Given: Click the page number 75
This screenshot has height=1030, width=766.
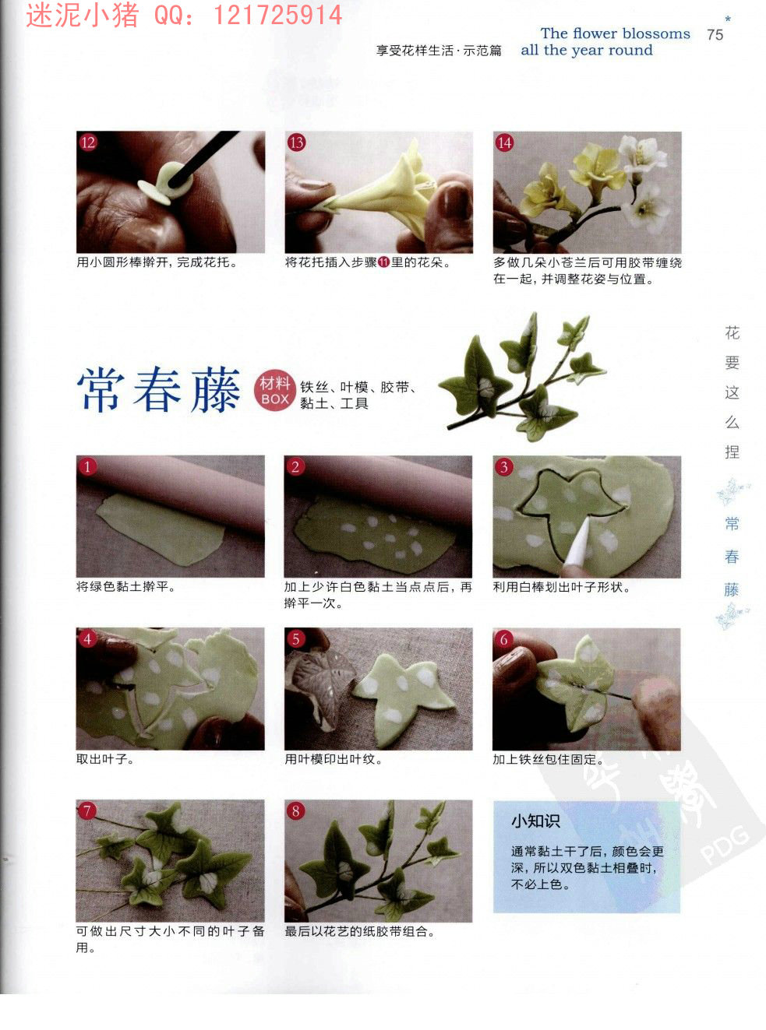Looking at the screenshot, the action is point(715,35).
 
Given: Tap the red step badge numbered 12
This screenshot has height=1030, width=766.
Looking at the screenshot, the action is point(88,142).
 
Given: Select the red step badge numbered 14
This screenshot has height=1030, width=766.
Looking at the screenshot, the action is point(504,142).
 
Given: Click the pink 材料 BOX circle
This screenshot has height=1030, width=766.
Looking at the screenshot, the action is point(275,391).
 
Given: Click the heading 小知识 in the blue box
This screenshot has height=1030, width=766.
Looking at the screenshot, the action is point(535,821).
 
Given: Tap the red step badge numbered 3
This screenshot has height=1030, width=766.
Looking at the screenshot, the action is point(504,466).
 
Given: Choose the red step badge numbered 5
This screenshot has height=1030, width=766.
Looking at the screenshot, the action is point(295,639).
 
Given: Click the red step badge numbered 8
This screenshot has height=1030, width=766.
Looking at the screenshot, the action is point(295,810).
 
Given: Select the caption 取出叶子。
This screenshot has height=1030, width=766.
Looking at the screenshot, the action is point(105,759).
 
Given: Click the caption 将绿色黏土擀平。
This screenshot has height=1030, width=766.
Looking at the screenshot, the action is point(126,586).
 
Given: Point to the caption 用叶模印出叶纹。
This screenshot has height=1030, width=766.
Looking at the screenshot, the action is point(334,759).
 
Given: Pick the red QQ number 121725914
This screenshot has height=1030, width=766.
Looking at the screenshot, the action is point(277,15).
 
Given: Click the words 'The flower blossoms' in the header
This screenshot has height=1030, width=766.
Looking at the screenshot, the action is point(615,33).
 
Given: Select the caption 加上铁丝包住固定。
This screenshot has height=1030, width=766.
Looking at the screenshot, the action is point(549,759).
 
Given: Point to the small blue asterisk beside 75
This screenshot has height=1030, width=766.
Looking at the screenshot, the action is point(728,19).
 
